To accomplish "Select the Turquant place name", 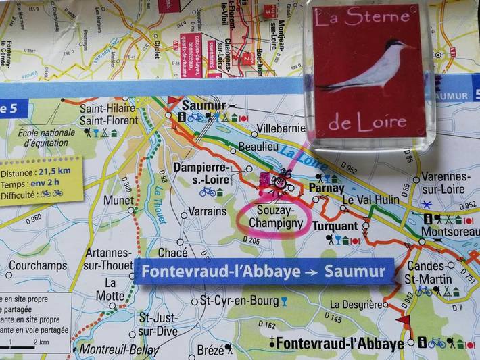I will (335, 225).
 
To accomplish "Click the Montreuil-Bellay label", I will (118, 350).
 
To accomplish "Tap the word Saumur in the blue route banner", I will (355, 272).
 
